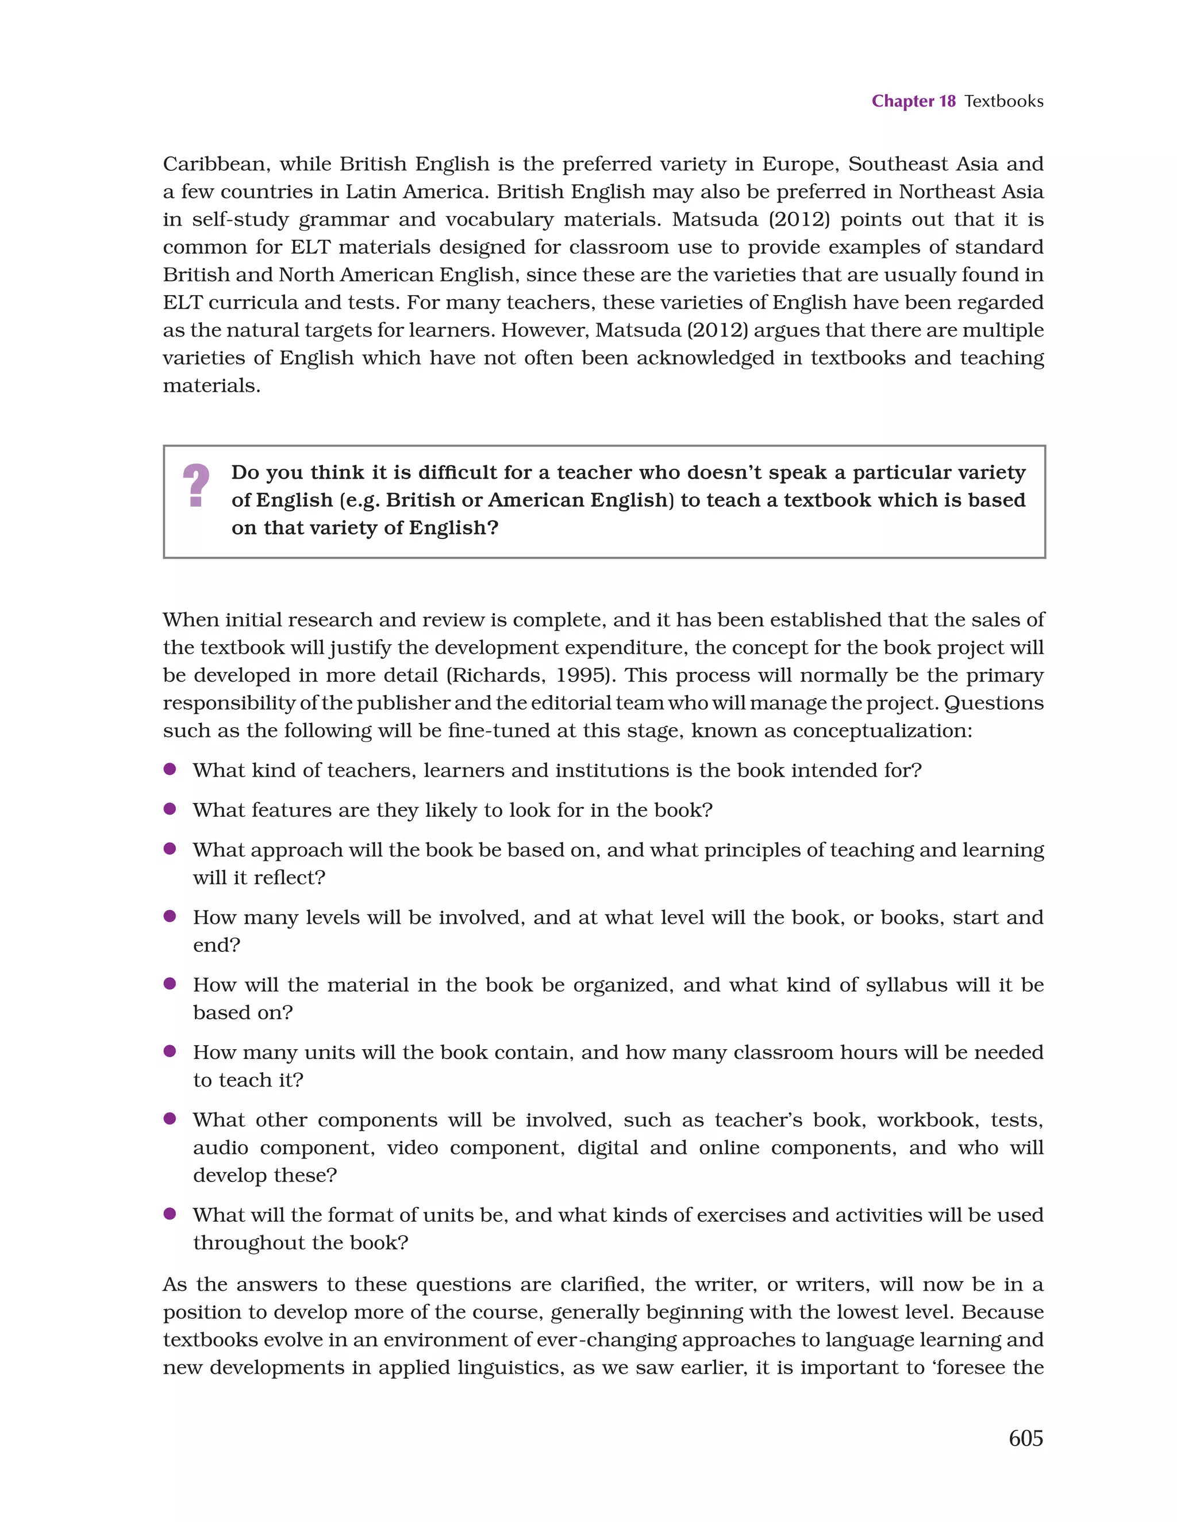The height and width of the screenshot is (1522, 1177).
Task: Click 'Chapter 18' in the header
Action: click(913, 101)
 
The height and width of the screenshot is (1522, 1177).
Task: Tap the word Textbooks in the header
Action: click(1003, 101)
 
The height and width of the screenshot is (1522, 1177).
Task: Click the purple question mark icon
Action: click(196, 485)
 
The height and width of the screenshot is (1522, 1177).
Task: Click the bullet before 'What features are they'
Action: click(169, 809)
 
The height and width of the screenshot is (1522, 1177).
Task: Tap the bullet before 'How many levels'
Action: click(169, 916)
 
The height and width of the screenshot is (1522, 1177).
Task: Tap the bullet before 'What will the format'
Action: click(169, 1214)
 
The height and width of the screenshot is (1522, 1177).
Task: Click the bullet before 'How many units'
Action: click(169, 1051)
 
